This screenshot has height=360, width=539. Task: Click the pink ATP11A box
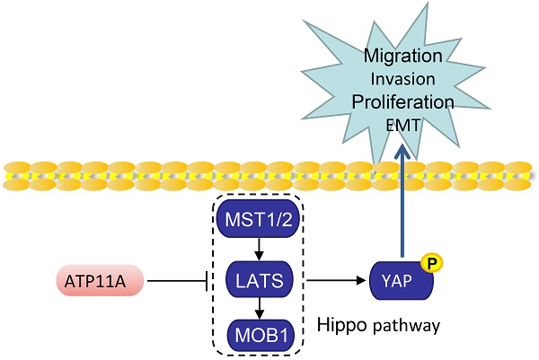[97, 284]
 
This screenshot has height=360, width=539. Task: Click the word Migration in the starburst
[402, 57]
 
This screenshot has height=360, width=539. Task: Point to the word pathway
[408, 326]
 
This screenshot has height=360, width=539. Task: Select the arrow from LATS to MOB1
[258, 308]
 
